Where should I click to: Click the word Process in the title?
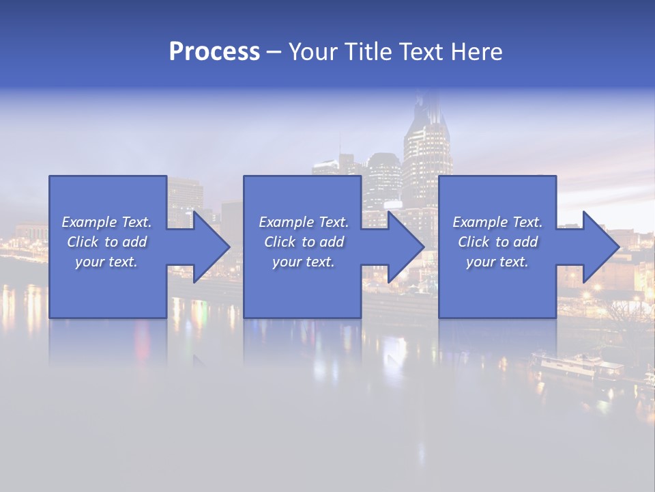click(x=214, y=52)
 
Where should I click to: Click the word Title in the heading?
click(x=365, y=52)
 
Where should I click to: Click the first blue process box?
click(x=108, y=294)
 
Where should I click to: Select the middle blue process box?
click(x=302, y=294)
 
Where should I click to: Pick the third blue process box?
click(x=497, y=294)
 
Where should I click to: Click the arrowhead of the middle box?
click(x=405, y=247)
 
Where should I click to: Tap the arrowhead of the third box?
click(x=600, y=247)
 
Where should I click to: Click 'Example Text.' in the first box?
click(x=106, y=222)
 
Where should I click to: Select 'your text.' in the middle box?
click(x=303, y=262)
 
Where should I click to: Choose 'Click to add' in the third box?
click(x=497, y=242)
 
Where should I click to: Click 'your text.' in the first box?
click(x=106, y=262)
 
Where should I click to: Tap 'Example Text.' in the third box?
click(x=497, y=222)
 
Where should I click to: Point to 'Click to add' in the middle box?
click(x=303, y=242)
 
